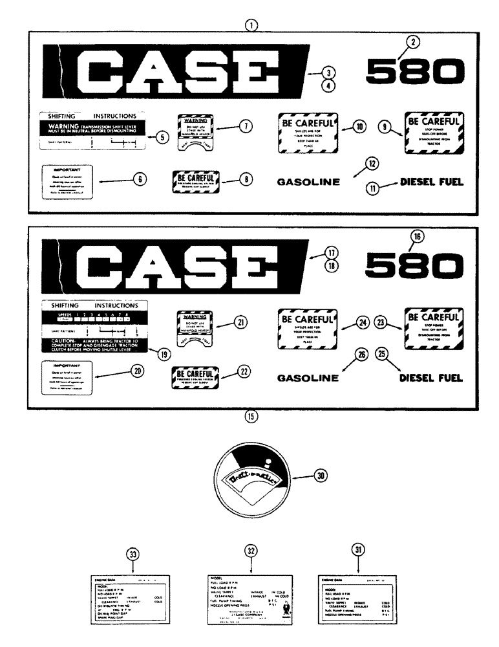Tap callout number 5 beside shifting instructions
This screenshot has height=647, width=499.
[162, 137]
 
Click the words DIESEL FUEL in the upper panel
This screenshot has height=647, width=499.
[432, 182]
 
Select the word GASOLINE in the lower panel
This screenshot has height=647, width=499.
[309, 378]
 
